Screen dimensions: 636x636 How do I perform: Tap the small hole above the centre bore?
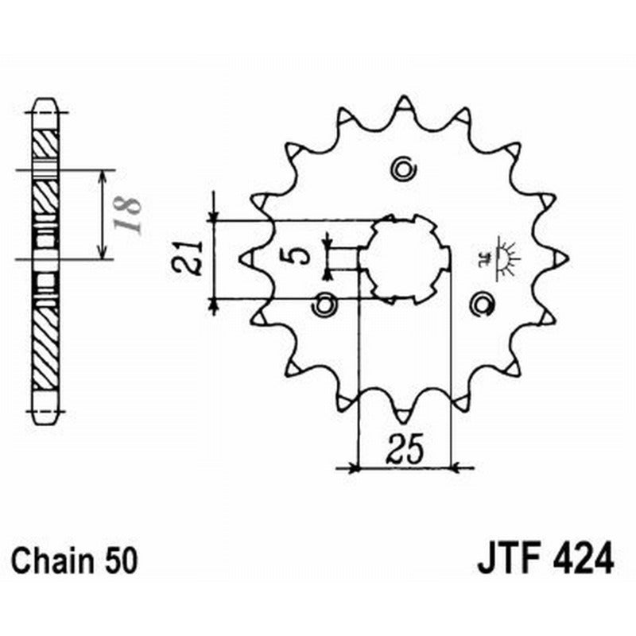click(403, 168)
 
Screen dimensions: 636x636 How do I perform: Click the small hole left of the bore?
click(324, 303)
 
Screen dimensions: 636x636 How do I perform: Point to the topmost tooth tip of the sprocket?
click(404, 101)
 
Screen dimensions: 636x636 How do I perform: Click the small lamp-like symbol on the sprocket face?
click(502, 256)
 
